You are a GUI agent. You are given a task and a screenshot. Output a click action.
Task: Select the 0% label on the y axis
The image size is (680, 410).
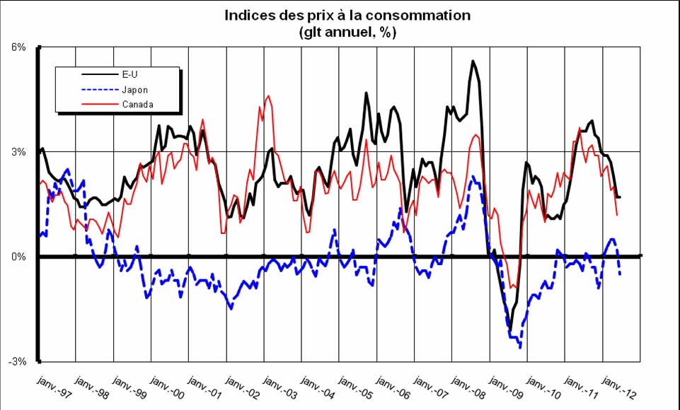19,257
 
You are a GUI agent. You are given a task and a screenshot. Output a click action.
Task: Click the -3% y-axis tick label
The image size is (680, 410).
18,361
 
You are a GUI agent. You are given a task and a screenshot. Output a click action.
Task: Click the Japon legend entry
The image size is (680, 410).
135,89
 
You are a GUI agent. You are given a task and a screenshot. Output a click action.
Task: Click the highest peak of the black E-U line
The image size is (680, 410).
473,61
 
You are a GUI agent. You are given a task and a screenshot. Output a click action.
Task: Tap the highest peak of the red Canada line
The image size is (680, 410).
267,96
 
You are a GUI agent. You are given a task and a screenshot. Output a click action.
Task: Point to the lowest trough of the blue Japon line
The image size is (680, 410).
520,347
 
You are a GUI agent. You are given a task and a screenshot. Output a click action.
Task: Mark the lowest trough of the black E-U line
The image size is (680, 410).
510,329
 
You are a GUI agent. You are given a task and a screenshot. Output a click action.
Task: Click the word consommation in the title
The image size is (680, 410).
420,16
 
